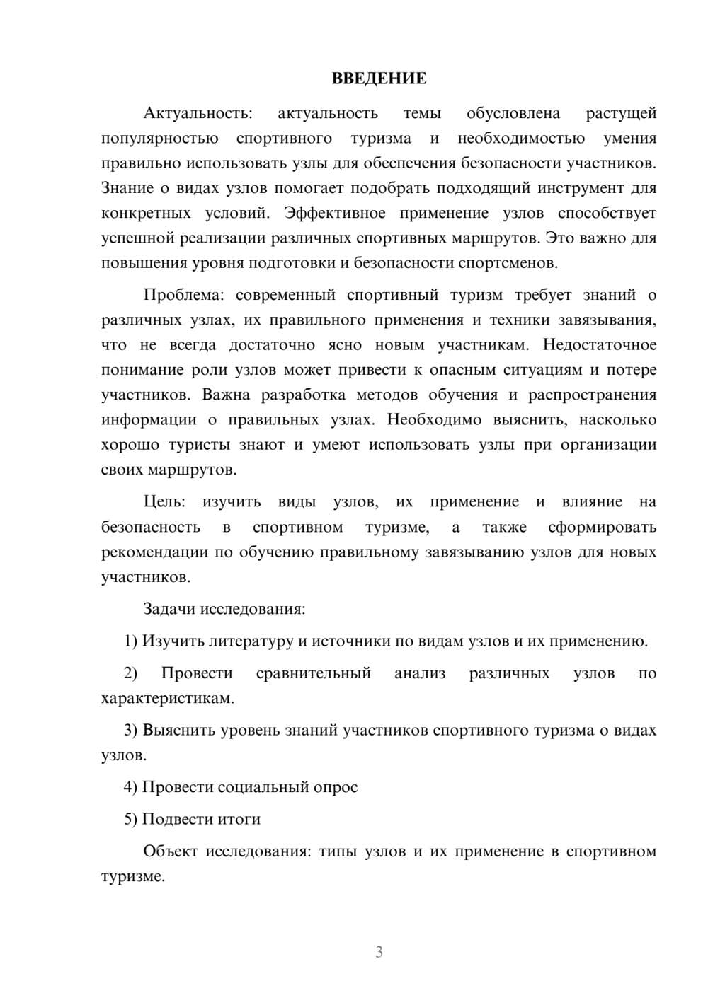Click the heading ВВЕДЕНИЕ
tap(379, 79)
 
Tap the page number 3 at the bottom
tap(379, 952)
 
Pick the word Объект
tap(171, 851)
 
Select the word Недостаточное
tap(600, 345)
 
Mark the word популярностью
tap(159, 139)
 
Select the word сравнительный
tap(313, 673)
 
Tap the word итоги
tap(239, 820)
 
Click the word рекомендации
tap(154, 552)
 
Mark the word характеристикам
tap(167, 699)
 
